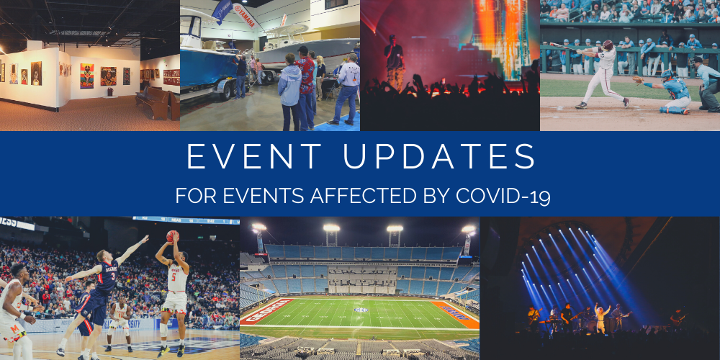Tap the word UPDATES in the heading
click(439, 156)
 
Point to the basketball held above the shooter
click(172, 236)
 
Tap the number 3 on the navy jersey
click(112, 277)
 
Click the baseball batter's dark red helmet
click(608, 45)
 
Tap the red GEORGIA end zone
click(266, 311)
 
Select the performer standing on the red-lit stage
click(394, 63)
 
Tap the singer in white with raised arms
click(600, 317)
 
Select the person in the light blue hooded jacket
click(289, 92)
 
